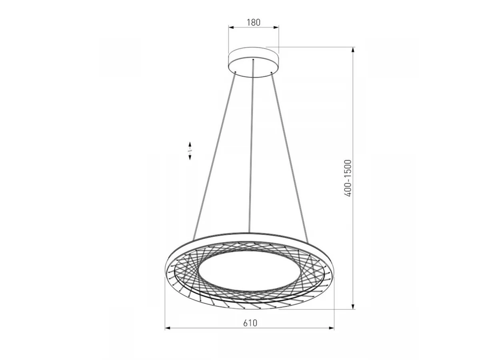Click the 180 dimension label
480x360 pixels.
point(254,22)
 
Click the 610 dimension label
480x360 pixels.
point(250,323)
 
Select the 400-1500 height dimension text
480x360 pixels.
point(347,178)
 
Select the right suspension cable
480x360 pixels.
point(290,157)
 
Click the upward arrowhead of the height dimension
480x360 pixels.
point(353,50)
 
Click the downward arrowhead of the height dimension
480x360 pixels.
point(353,306)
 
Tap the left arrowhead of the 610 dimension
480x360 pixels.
point(168,334)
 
